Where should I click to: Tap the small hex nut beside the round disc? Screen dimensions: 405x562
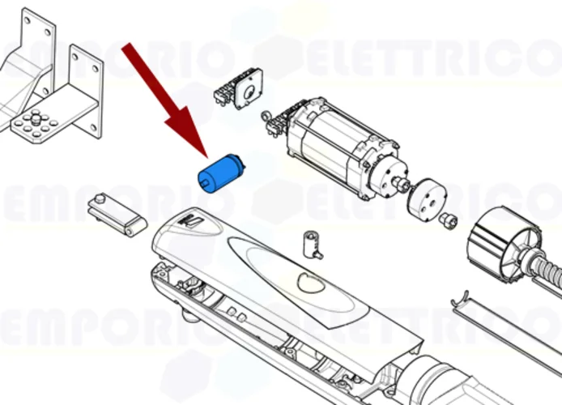(446, 220)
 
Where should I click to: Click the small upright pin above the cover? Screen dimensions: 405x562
(309, 243)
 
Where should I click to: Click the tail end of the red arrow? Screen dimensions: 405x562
(128, 49)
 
